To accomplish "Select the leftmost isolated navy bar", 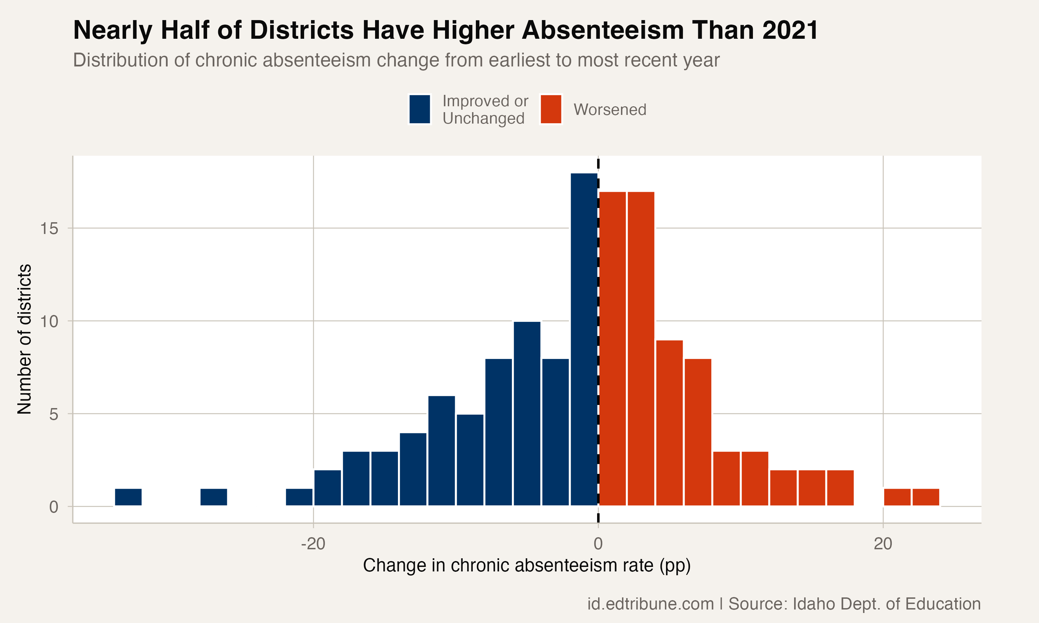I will pos(128,497).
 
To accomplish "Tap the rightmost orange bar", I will pos(926,497).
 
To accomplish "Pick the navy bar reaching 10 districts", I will pos(527,414).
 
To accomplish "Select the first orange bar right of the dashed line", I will pos(612,349).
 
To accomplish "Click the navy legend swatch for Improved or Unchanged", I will pos(419,109).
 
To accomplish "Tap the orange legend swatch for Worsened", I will pos(551,109).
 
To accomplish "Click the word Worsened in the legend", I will pos(610,110).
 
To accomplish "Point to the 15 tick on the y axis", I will pos(49,229).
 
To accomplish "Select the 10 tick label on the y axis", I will pos(49,322).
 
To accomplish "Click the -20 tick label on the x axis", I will pos(313,544).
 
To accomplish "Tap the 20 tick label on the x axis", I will pos(883,544).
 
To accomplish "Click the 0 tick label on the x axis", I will pos(598,544).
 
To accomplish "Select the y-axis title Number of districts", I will pos(24,339).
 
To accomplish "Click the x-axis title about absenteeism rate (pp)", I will pos(527,566).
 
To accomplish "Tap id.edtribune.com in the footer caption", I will pos(650,604).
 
